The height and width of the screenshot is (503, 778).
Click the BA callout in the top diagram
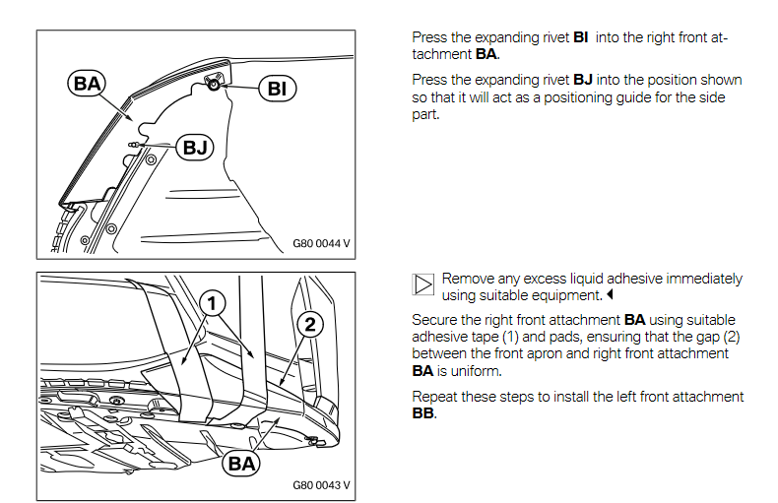tap(88, 84)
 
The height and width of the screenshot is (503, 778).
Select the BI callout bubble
tap(277, 90)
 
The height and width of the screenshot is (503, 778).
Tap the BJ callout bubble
tap(195, 148)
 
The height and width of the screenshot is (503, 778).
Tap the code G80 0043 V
tap(321, 485)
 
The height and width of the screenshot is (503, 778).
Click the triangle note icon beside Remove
tap(422, 285)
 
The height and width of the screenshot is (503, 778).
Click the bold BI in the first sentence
tap(580, 37)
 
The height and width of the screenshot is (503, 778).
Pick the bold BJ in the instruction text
tap(583, 80)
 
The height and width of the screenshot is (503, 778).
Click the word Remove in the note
tap(468, 279)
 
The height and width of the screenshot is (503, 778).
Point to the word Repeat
tap(434, 397)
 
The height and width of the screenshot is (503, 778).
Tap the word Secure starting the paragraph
tap(434, 320)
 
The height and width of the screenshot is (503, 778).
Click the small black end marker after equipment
tap(610, 295)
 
